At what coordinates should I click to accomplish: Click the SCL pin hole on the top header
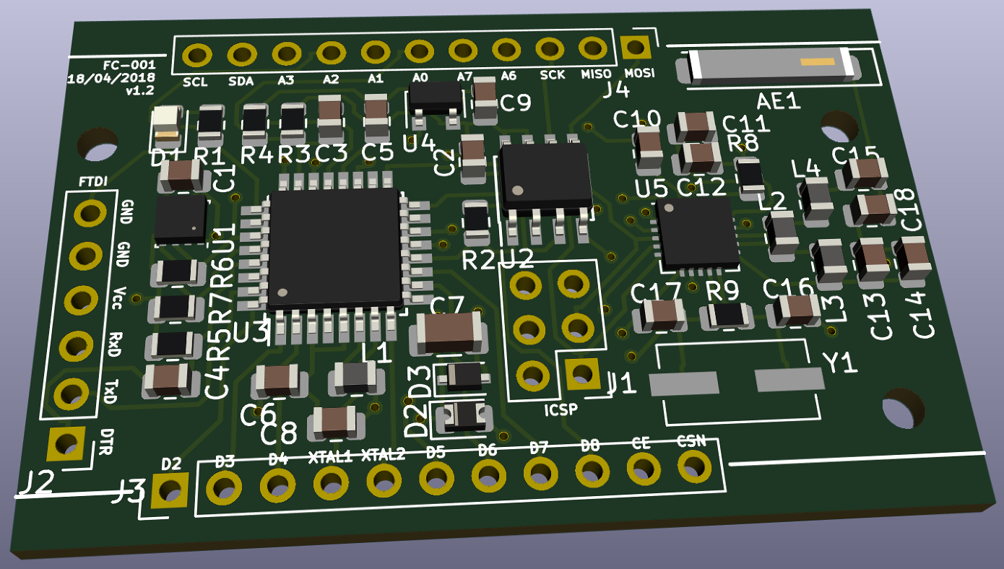click(196, 55)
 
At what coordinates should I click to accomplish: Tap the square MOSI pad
click(636, 48)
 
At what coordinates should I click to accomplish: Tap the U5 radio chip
click(696, 232)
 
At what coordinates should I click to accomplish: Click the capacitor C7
click(445, 331)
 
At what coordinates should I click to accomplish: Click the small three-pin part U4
click(435, 97)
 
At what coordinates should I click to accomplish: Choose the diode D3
click(463, 375)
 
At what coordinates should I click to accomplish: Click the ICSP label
click(561, 411)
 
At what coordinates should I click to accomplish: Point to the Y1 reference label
click(840, 363)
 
